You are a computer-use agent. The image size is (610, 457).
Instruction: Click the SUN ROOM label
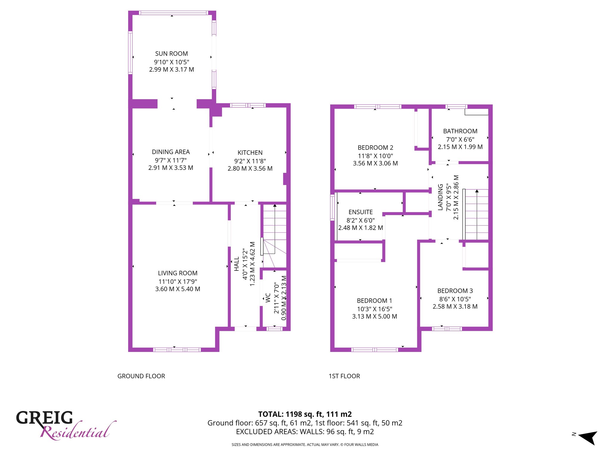click(172, 54)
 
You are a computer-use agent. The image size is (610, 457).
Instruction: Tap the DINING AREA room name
click(171, 152)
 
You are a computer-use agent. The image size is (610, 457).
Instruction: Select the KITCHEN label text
click(250, 153)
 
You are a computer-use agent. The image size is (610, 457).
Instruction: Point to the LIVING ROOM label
click(178, 273)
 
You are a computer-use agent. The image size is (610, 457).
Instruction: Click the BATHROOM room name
click(460, 131)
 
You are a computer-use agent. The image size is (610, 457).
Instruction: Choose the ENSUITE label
click(361, 212)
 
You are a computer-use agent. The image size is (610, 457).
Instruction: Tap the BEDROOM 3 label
click(455, 291)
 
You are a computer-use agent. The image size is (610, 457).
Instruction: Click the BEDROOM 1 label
click(374, 301)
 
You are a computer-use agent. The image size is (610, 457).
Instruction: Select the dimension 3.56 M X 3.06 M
click(375, 163)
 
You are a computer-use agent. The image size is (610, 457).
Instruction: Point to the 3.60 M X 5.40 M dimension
click(178, 289)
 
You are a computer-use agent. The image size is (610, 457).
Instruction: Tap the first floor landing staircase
click(476, 215)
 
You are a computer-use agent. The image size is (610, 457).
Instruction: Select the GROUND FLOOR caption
click(141, 376)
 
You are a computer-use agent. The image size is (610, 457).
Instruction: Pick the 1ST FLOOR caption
click(344, 376)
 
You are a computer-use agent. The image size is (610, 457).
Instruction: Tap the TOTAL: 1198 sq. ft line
click(305, 414)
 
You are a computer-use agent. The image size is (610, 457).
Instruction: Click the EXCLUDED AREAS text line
click(305, 432)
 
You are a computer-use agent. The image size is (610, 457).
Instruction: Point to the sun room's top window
click(173, 13)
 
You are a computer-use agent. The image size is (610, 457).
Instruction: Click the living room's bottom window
click(177, 350)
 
